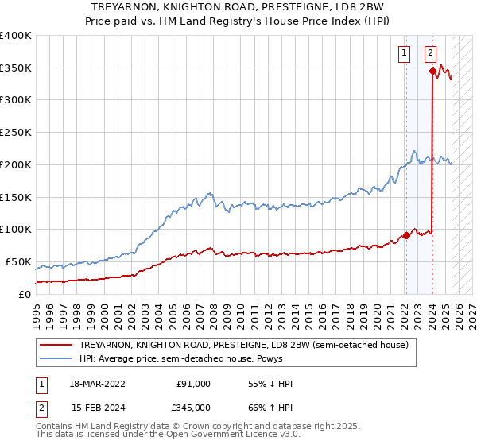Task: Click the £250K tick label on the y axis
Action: point(16,133)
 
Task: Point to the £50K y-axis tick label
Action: point(18,261)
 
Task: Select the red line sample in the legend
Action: point(56,345)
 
